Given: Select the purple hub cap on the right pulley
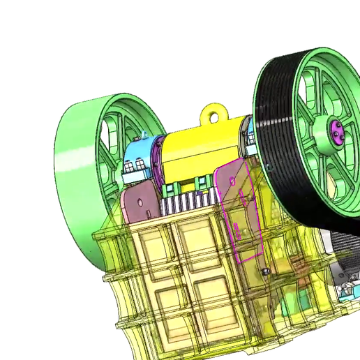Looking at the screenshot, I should click(x=336, y=129).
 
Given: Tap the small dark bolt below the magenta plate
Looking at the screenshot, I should click(x=264, y=270).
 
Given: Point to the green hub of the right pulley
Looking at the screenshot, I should click(x=323, y=133).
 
